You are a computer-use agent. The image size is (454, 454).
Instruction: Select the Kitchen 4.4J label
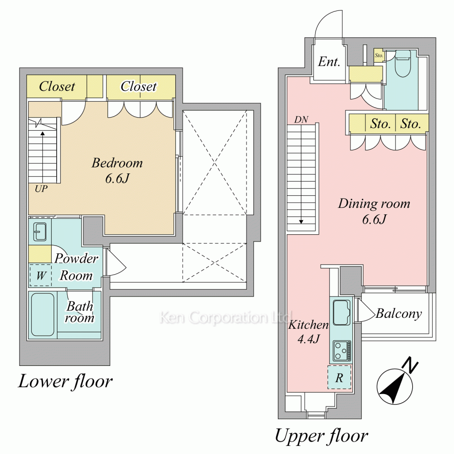[309, 331]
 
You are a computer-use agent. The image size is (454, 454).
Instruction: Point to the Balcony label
[399, 314]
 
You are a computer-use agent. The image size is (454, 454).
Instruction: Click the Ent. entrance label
[329, 61]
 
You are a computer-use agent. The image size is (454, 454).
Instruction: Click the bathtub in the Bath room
[43, 315]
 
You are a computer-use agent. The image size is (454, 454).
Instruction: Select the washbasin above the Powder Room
[40, 232]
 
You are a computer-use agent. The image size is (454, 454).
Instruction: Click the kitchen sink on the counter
[342, 313]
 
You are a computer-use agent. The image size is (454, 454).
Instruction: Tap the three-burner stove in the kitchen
[342, 351]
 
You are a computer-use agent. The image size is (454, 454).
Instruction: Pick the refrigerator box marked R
[339, 377]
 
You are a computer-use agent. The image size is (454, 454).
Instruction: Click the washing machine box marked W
[40, 276]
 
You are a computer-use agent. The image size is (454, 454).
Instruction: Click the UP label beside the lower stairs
[41, 189]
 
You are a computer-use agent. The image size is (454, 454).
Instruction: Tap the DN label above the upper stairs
[301, 119]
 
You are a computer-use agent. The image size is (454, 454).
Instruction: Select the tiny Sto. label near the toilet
[379, 55]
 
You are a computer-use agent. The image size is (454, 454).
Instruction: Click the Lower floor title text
[65, 381]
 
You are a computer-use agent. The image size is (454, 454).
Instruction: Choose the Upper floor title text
[321, 435]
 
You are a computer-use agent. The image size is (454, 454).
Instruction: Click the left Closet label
[57, 86]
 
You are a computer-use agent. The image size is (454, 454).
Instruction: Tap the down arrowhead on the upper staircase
[301, 222]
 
